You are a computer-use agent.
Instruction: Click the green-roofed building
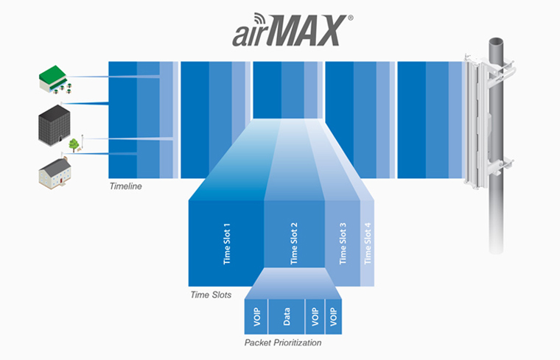pos(55,80)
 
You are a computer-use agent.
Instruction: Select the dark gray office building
pos(55,125)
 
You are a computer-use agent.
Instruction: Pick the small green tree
pos(74,145)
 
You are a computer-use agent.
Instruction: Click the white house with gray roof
pos(55,174)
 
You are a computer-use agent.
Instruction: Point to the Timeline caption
pos(126,186)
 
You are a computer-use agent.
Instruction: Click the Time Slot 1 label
pos(227,244)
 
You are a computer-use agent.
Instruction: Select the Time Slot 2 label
pos(294,244)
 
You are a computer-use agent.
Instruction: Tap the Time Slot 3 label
pos(343,244)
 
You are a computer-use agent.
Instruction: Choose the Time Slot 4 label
pos(368,244)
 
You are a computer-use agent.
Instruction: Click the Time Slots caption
pos(211,294)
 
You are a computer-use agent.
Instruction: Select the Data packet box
pos(287,317)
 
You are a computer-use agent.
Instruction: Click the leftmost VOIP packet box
pos(256,317)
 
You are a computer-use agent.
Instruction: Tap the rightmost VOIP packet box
pos(334,317)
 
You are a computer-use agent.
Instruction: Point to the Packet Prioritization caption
pos(282,342)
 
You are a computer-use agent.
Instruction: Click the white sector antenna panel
pos(476,121)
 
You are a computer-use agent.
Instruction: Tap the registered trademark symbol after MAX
pos(350,18)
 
